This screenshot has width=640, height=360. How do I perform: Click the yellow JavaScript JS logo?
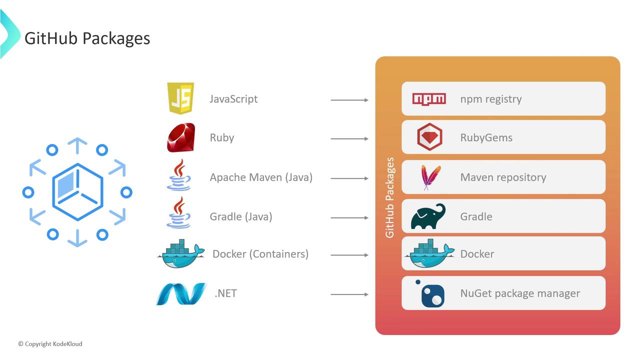coord(180,98)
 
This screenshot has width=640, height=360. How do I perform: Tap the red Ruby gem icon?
coord(181,137)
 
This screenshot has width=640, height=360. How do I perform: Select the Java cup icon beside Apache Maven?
coord(179,175)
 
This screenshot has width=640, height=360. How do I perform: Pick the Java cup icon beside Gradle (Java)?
coord(179,213)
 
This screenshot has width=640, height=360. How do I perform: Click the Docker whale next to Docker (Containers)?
coord(180,253)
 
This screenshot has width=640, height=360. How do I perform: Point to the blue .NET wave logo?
coord(181,293)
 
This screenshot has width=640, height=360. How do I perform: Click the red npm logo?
coord(428,98)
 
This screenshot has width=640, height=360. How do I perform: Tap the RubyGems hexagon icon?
coord(429,137)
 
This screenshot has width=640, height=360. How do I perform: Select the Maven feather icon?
coord(430,177)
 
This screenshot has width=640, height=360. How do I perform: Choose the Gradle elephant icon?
coord(428,216)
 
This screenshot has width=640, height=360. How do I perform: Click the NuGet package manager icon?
coord(431,294)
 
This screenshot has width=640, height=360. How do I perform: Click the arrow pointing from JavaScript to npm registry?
coord(349,100)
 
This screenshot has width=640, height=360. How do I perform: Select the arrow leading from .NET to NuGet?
coord(349,294)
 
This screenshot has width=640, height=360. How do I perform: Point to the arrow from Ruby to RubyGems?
coord(349,138)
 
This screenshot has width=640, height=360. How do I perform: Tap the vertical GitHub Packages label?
coord(390,197)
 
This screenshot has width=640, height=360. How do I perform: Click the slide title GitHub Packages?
coord(87,38)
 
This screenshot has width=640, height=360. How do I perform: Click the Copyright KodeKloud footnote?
coord(50,344)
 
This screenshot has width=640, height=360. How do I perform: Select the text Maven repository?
coord(503,177)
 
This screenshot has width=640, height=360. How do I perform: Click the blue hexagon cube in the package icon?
coord(77,192)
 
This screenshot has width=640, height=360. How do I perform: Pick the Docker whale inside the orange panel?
coord(429,253)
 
